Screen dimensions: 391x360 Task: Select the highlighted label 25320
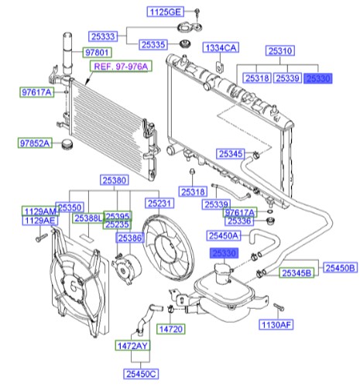tap(317, 78)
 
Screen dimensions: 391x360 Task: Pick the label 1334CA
tap(221, 48)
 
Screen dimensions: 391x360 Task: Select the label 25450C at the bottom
tap(138, 374)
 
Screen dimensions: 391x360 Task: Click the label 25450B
tap(339, 267)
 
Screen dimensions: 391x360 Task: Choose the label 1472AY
tap(132, 345)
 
